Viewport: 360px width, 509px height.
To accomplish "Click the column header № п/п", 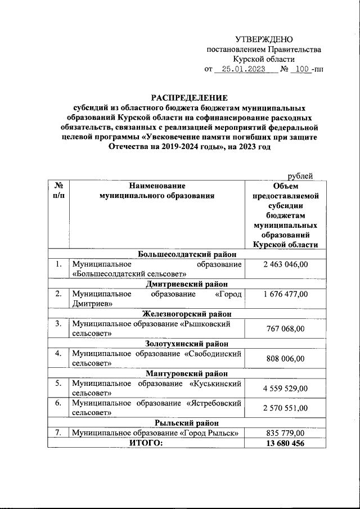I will pos(58,190).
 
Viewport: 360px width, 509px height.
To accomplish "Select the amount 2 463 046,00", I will pos(285,264).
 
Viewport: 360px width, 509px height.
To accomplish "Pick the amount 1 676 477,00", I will pos(285,294).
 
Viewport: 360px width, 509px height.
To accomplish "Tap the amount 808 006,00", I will pos(285,358).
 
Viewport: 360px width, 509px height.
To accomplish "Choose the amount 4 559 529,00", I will pos(285,388).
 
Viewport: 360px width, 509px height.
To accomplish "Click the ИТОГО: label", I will pos(146,443).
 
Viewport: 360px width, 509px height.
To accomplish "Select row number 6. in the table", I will pos(58,403).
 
